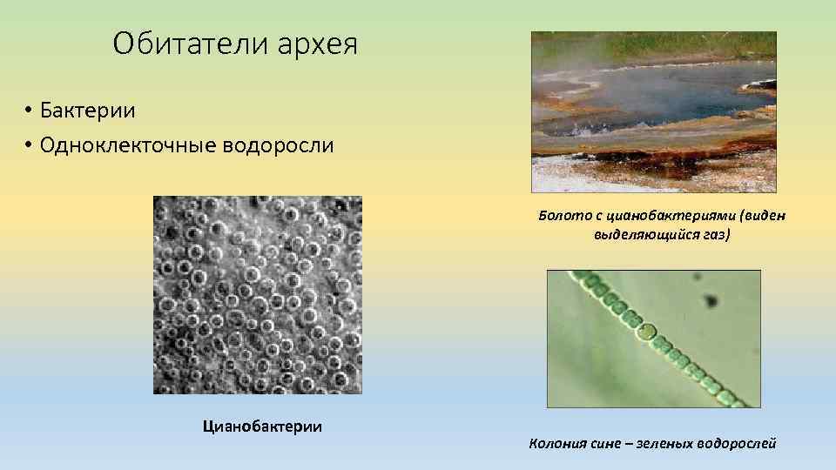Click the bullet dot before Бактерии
pos(29,111)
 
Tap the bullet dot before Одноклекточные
pos(29,145)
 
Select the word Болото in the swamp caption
pos(561,216)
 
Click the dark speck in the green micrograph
pos(711,301)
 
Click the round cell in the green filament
pos(645,332)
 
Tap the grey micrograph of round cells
pos(257,294)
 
